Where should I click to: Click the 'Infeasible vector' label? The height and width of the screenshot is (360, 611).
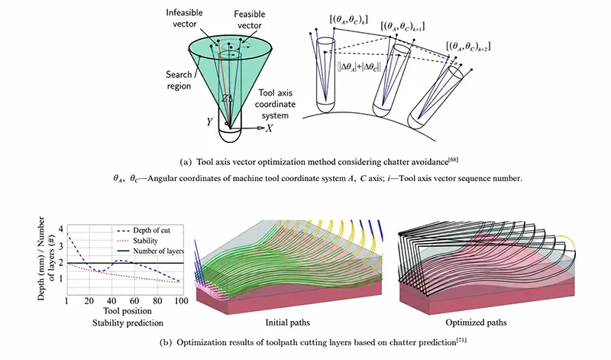click(184, 18)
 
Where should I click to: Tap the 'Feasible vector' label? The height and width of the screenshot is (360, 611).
click(250, 20)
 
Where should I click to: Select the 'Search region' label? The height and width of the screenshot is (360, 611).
click(179, 80)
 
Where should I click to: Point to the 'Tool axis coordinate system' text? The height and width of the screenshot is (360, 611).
click(275, 104)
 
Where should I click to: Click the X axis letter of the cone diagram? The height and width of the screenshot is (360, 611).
click(269, 128)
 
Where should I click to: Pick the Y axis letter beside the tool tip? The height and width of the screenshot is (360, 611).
click(209, 122)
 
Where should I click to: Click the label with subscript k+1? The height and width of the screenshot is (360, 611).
click(402, 26)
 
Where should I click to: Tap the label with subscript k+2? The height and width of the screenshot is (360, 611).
click(468, 46)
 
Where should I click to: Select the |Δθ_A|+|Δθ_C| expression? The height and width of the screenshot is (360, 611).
click(359, 66)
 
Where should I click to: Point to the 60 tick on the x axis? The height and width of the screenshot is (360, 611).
click(134, 300)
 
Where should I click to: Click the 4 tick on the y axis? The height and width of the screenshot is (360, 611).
click(61, 229)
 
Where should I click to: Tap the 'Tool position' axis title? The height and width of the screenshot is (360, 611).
click(128, 311)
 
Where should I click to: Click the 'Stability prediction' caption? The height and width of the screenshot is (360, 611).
click(128, 323)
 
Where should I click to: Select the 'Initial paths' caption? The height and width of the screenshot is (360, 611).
click(288, 323)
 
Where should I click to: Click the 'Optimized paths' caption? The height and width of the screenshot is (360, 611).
click(476, 323)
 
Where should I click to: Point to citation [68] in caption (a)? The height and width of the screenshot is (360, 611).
click(453, 160)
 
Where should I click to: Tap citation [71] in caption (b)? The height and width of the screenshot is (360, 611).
click(461, 340)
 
